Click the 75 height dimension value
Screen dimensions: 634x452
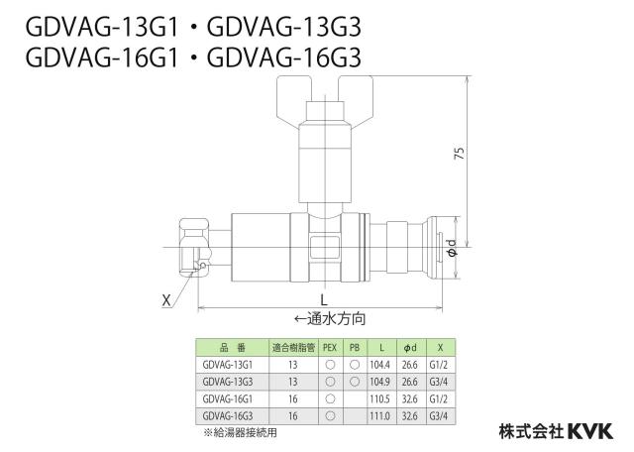click(x=460, y=153)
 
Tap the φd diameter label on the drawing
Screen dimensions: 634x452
click(x=452, y=248)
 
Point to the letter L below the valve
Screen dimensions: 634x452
click(x=324, y=300)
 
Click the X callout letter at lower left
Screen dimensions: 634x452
click(x=166, y=300)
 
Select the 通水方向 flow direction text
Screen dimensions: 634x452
click(x=330, y=319)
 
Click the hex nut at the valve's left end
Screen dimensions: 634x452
click(x=194, y=248)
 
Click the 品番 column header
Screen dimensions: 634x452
click(x=233, y=348)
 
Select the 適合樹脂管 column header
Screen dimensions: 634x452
click(x=293, y=348)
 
